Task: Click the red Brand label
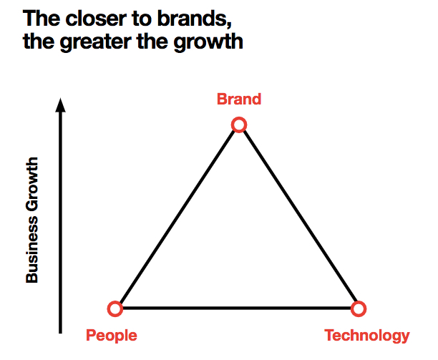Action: (x=239, y=99)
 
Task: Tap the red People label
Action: (x=112, y=336)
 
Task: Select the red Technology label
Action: (x=366, y=336)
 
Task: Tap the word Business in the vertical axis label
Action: (x=31, y=250)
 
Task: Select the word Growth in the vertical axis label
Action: (x=31, y=185)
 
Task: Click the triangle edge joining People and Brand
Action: (x=177, y=217)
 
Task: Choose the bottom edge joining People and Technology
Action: (x=237, y=308)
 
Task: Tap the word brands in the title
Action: (x=195, y=19)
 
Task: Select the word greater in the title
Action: (x=95, y=42)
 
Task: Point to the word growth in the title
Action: (x=208, y=42)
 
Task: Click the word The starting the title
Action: (x=42, y=19)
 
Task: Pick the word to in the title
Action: (x=142, y=19)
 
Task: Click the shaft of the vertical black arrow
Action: (x=60, y=223)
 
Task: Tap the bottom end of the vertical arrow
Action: (x=60, y=334)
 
